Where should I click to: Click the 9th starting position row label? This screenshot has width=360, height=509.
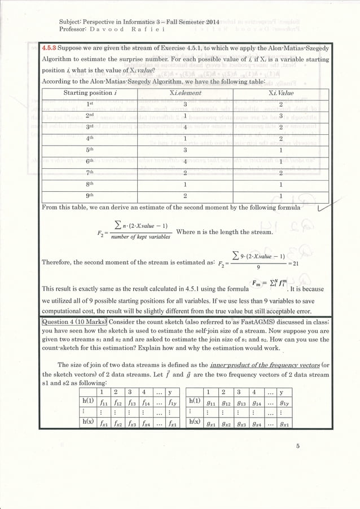point(90,196)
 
